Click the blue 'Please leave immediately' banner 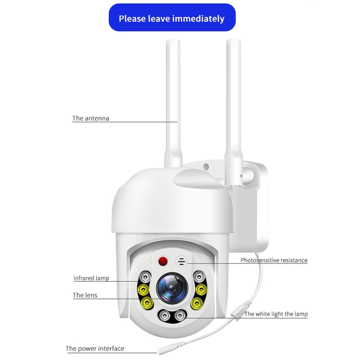(x=172, y=18)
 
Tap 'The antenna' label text (x=91, y=118)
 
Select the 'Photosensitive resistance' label (x=274, y=261)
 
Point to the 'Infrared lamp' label (x=91, y=278)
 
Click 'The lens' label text (x=85, y=295)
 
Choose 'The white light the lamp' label (x=276, y=314)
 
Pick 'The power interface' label (x=95, y=348)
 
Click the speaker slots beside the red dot (x=181, y=262)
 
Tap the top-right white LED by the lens (x=198, y=276)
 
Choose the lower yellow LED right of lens (x=197, y=303)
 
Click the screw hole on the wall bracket (x=206, y=167)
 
